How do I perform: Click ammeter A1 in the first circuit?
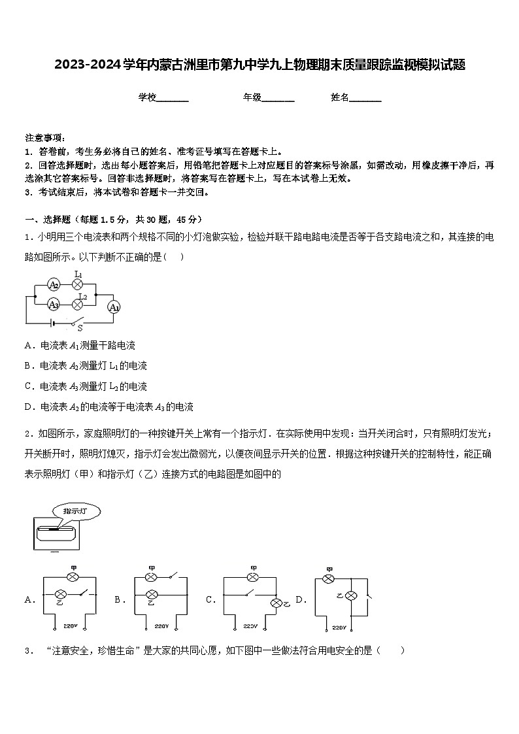114,307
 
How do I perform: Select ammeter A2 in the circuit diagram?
54,285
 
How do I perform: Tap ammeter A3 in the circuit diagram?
54,304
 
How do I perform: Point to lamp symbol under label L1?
78,285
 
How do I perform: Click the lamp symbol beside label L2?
78,304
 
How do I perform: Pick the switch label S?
80,328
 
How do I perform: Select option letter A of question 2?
29,599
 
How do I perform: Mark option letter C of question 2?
210,599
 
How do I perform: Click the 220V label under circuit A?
71,626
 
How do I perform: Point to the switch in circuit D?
369,596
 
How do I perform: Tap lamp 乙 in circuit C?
276,603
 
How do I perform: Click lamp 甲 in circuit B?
152,577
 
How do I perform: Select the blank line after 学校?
173,98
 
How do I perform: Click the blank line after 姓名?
365,98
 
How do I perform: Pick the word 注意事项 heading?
44,138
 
